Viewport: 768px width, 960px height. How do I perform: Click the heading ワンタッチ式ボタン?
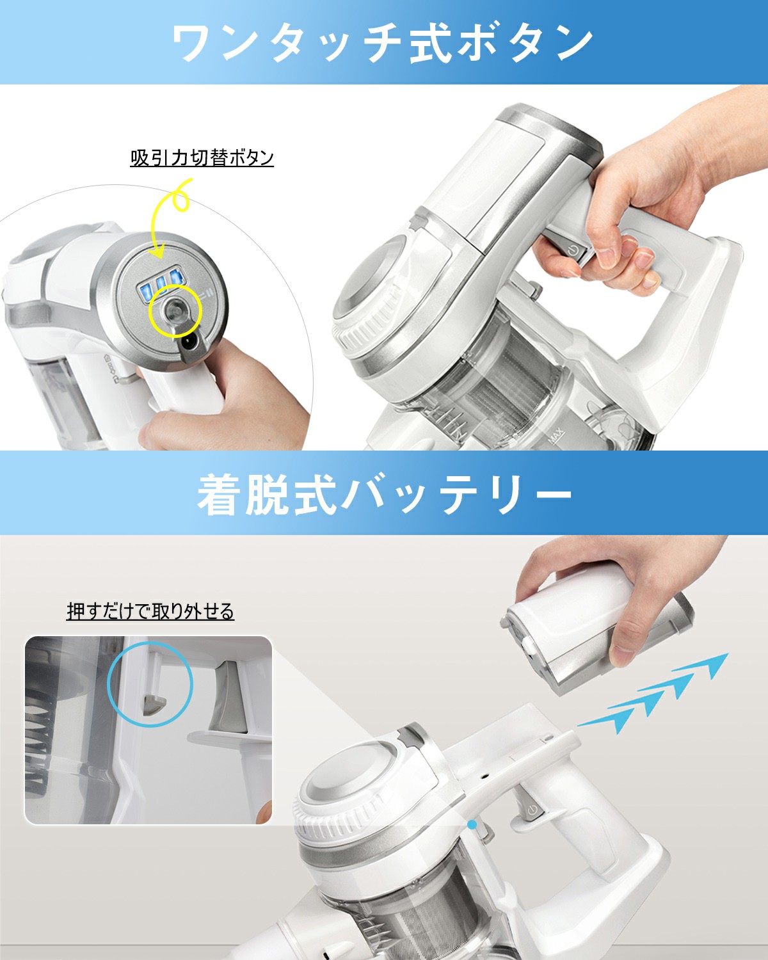click(x=383, y=43)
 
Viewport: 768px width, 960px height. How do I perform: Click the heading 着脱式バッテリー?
click(x=384, y=495)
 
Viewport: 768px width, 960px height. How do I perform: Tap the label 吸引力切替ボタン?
click(x=202, y=157)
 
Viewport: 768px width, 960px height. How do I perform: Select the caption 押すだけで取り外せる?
click(x=150, y=611)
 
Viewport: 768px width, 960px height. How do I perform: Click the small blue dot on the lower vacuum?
click(x=472, y=825)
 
